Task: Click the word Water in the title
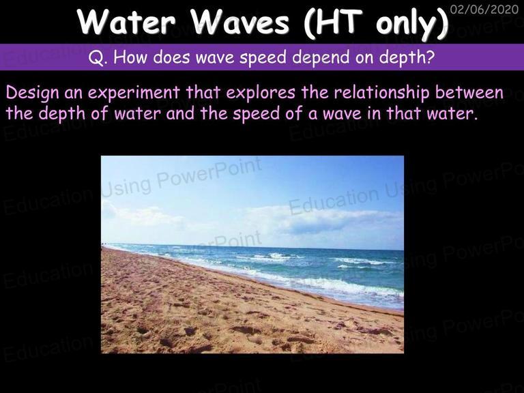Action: pos(126,22)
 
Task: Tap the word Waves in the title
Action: pos(239,22)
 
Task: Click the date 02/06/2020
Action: pos(484,9)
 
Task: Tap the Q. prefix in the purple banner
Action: pos(98,57)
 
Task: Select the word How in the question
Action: pos(130,57)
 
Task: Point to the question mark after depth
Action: pos(431,57)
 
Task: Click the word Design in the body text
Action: pos(32,93)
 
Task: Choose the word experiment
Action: pos(134,93)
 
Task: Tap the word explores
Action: pos(261,93)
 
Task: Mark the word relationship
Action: pos(381,93)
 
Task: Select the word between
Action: pos(469,92)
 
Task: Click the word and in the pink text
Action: pos(180,114)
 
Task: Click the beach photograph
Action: pos(252,254)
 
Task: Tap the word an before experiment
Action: pos(73,94)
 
